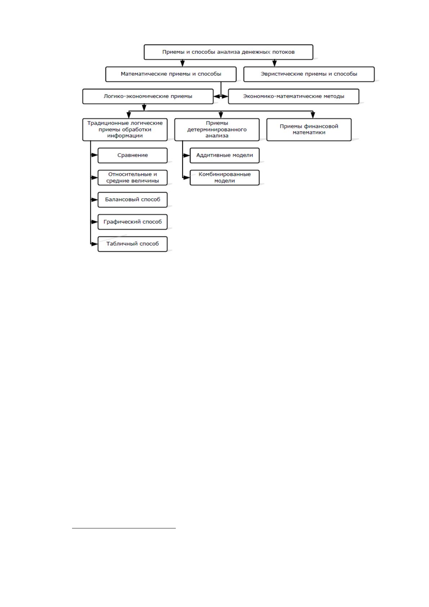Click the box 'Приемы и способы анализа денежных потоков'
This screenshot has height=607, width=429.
pos(228,52)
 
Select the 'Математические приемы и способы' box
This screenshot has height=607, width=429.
pos(171,74)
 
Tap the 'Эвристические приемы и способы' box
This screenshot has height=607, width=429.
pos(309,74)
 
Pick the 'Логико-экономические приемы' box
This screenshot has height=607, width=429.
pos(148,97)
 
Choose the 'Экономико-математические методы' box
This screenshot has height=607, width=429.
pos(294,97)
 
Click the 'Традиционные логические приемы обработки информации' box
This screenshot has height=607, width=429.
pos(125,129)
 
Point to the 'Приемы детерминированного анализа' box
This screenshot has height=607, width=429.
pos(217,129)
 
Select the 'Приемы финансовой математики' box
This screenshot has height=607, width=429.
pos(309,129)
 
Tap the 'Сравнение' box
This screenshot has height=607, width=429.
pos(133,156)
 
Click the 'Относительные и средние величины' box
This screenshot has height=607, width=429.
pos(133,178)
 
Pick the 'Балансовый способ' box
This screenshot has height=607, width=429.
pos(133,200)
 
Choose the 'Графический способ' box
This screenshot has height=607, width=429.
pos(133,222)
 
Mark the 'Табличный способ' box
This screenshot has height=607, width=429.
pos(133,244)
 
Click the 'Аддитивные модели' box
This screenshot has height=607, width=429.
pos(224,156)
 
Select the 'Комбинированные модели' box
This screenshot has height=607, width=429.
pos(224,178)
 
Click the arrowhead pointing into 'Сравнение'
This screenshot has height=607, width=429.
pos(94,155)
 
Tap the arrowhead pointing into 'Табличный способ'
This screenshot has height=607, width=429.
pos(94,244)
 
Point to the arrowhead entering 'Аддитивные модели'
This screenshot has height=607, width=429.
pos(187,156)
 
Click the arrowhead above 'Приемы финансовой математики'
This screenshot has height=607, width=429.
pos(313,115)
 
